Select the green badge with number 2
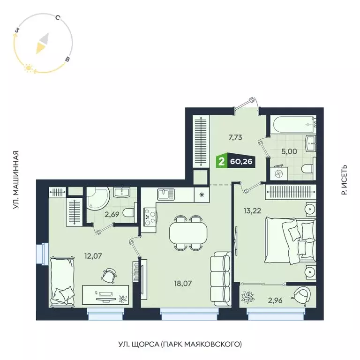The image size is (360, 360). [x=220, y=162]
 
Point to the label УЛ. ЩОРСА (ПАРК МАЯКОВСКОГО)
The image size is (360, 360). [x=180, y=345]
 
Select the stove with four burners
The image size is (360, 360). [x=150, y=216]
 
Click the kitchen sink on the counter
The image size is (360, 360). [x=165, y=194]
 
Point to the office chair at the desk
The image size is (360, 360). [x=109, y=276]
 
